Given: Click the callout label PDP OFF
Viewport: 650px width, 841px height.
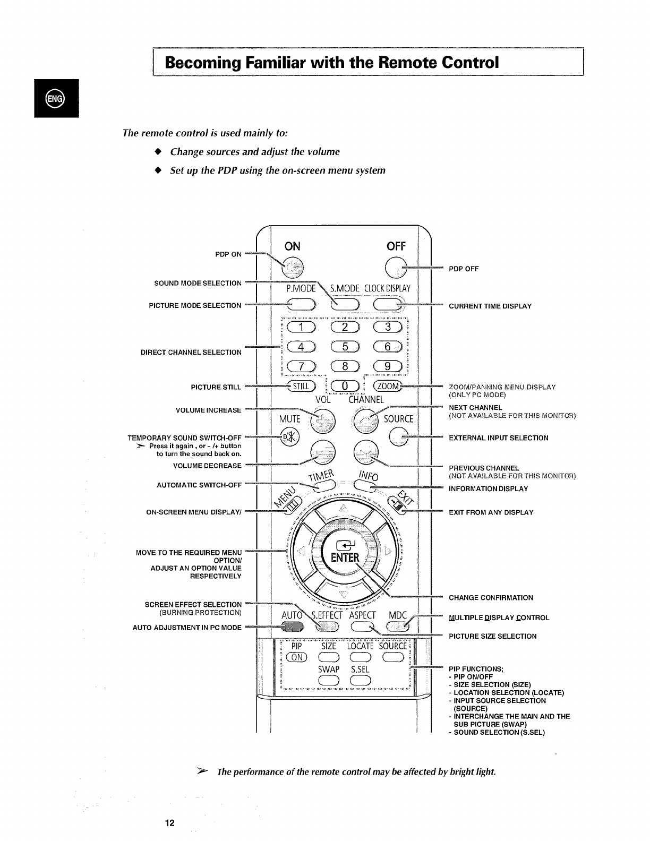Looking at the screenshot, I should click(x=464, y=269).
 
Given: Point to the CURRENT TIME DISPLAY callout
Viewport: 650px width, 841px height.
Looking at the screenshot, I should click(x=490, y=306).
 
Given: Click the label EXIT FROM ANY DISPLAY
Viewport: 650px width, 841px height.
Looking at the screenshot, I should click(x=491, y=513).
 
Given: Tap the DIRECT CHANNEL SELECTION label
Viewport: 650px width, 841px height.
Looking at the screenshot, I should click(x=191, y=353).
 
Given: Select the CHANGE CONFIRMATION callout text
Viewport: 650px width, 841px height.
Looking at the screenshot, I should click(x=491, y=598).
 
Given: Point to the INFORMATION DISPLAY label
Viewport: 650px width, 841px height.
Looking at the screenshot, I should click(x=488, y=489).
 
